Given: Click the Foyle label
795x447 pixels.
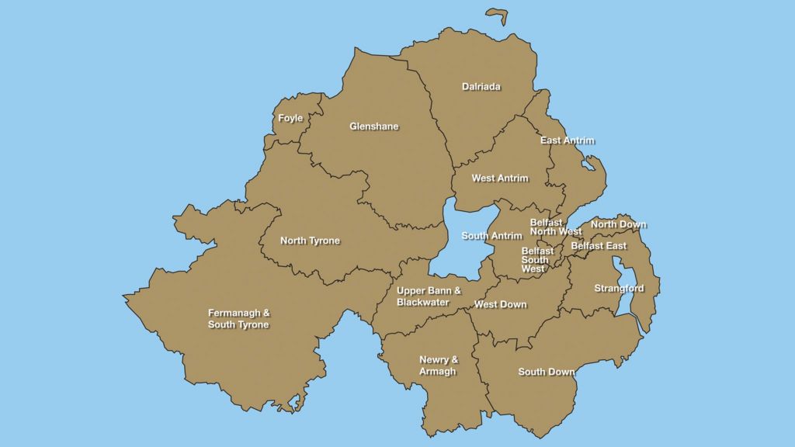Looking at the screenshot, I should (x=290, y=119).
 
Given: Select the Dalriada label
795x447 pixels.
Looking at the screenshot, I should (x=481, y=87).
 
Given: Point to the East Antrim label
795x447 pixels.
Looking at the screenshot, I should (x=567, y=140).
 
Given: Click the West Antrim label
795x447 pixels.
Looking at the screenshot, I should (x=500, y=178).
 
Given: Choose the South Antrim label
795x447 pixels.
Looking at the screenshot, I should (x=491, y=236).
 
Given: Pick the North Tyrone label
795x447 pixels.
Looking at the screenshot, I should (x=310, y=241).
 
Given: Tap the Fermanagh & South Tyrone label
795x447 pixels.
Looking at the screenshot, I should (x=238, y=319).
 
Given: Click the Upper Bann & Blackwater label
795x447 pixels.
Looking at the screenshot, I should (x=429, y=296).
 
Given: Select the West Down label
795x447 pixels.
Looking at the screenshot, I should (x=500, y=305).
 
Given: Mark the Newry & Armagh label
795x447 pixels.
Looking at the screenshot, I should (x=439, y=366).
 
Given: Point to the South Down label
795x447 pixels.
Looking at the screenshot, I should (x=547, y=372).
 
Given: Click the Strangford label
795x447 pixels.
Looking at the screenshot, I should (x=619, y=289).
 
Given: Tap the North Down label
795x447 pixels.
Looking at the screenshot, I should (x=618, y=225).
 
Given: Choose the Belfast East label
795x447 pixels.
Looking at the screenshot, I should (x=599, y=246).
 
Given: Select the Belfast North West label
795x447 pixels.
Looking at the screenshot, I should (x=555, y=227).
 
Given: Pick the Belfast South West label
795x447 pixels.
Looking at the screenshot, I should (x=537, y=260).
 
